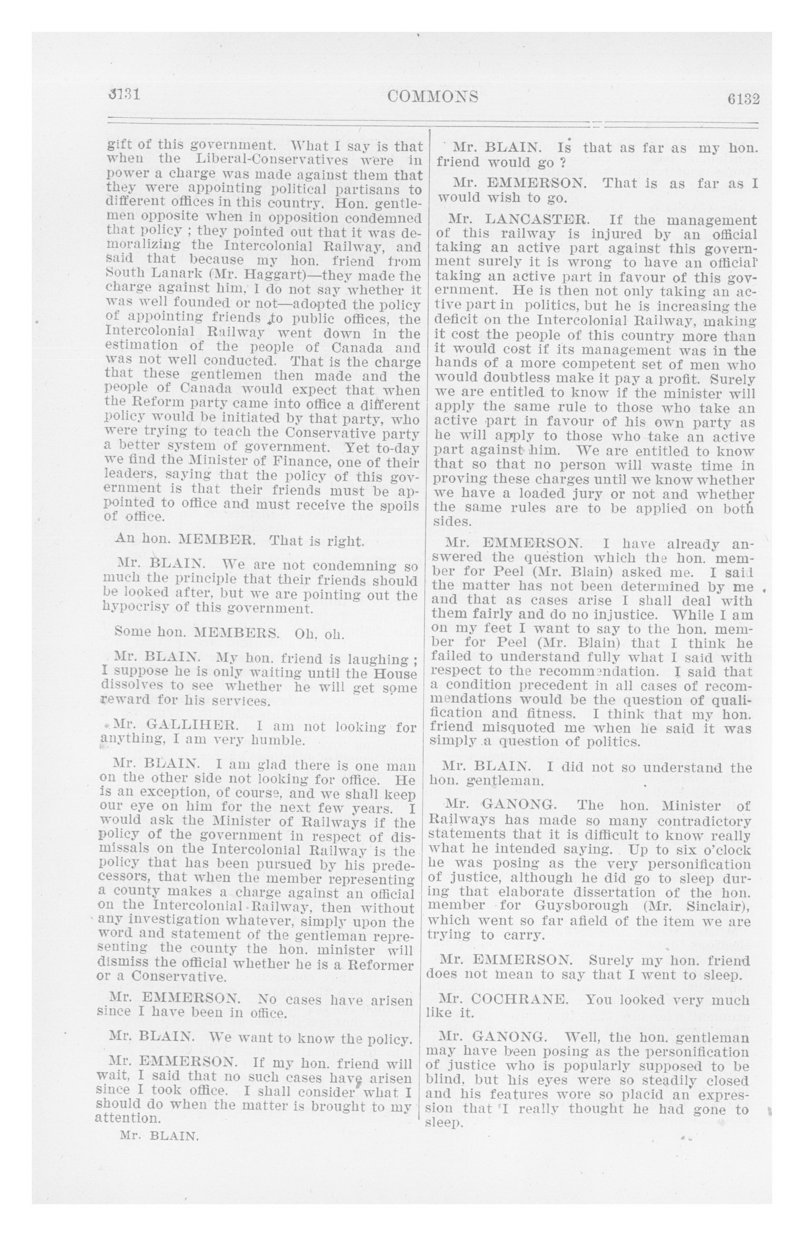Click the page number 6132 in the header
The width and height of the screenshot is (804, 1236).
(x=743, y=99)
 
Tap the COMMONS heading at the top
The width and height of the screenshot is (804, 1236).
(x=433, y=96)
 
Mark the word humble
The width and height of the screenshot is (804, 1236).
(x=276, y=740)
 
